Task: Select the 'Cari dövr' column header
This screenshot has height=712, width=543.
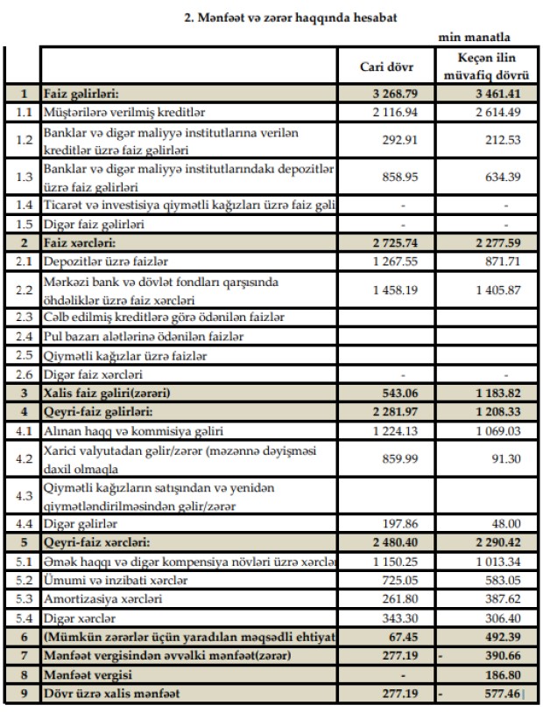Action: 387,66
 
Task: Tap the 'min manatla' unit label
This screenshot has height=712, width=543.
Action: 475,38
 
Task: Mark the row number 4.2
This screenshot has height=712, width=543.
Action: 21,457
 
